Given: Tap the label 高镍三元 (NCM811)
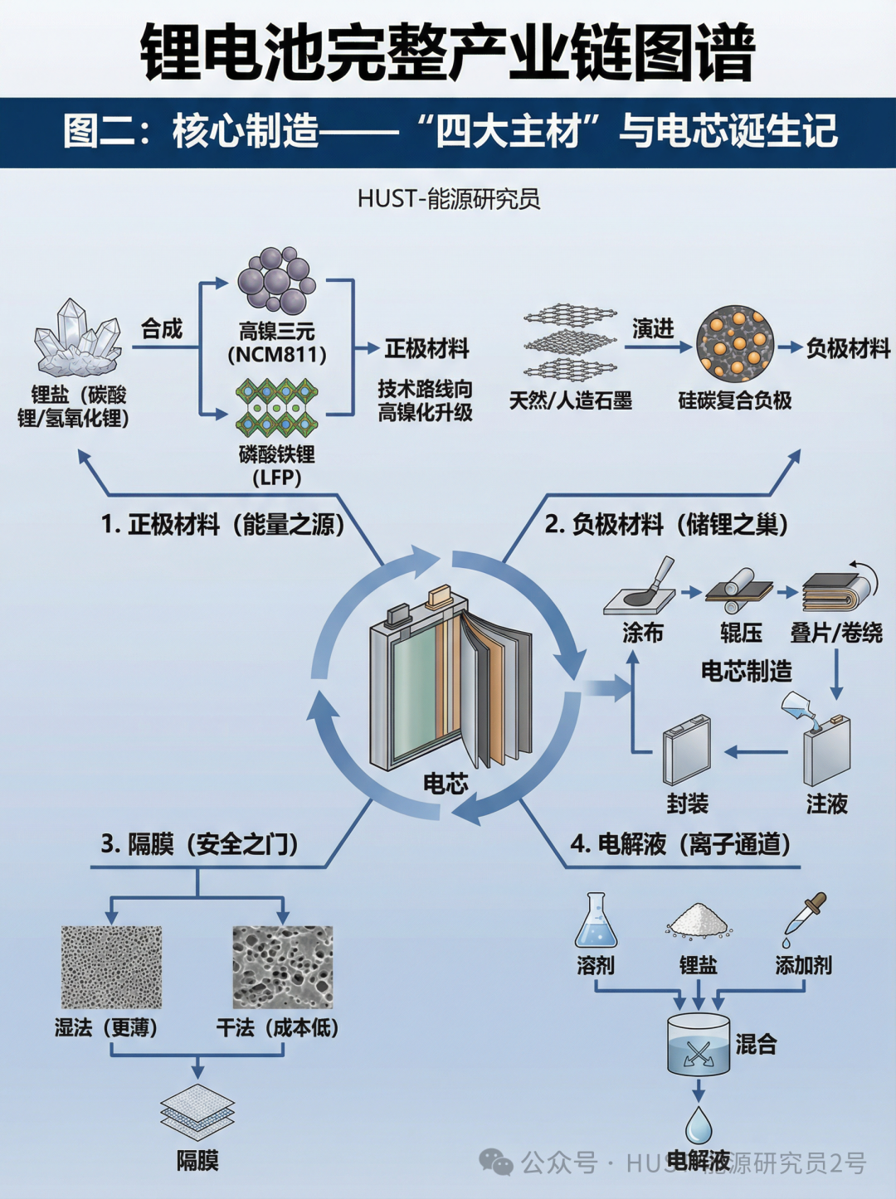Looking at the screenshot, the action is [277, 343].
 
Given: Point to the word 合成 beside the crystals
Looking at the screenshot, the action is [161, 329].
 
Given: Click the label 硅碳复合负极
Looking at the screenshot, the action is [735, 400].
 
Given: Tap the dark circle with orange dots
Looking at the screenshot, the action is [735, 343].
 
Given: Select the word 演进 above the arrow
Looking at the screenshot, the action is [653, 328].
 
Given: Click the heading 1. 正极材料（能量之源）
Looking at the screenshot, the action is [223, 524].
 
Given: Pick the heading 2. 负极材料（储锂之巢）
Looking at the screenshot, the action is [666, 524].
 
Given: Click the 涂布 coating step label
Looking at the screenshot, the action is [642, 633].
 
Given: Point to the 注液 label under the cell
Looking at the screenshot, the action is [826, 803].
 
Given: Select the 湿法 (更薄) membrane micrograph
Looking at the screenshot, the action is [111, 966].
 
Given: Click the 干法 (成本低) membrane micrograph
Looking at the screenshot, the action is [282, 966].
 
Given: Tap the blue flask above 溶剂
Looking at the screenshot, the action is [596, 920].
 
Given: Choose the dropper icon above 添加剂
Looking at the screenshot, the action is [805, 920].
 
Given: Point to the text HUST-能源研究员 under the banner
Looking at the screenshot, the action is [449, 199].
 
